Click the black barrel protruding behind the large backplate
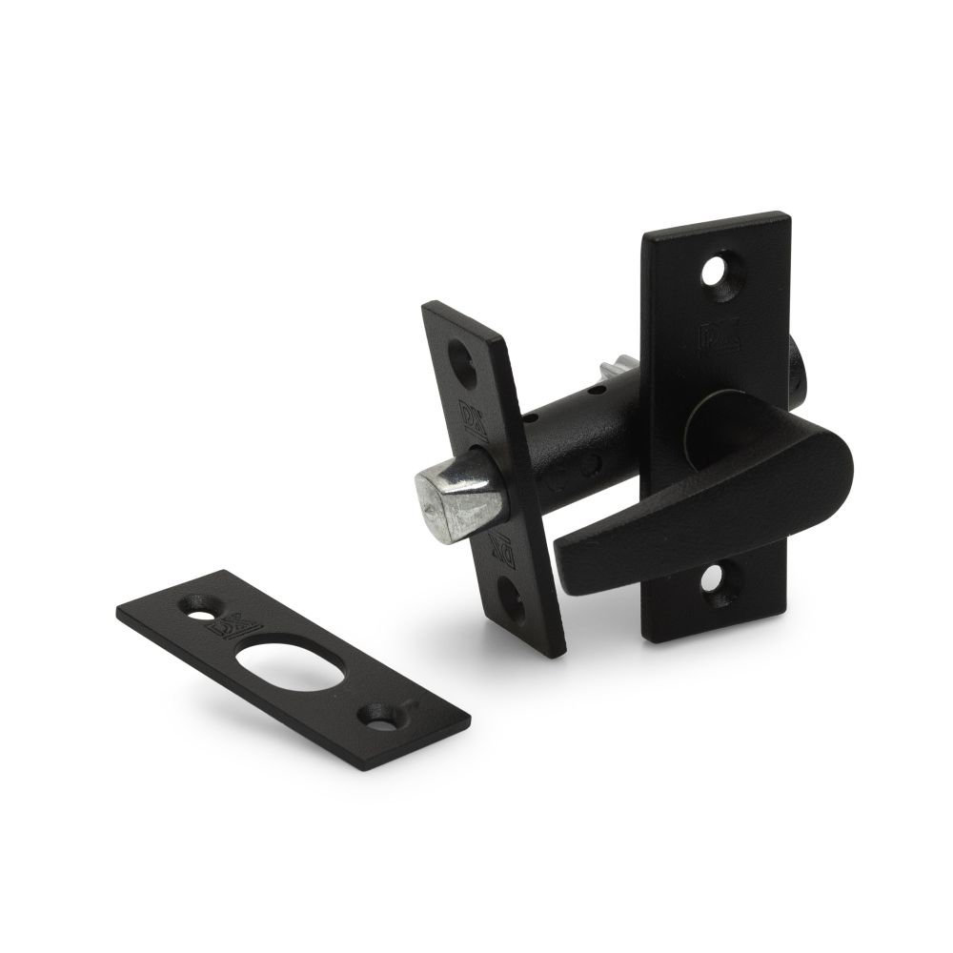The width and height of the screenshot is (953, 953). pyautogui.click(x=799, y=367)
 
